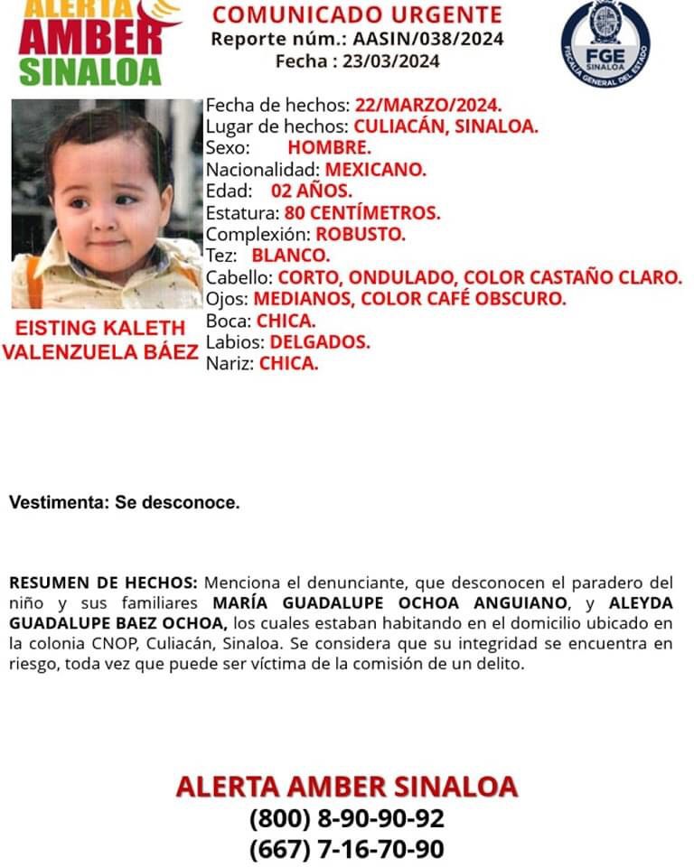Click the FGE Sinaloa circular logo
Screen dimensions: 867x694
tap(605, 43)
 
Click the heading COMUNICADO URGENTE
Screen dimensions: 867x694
tap(357, 14)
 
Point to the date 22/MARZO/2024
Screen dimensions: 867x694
tap(428, 105)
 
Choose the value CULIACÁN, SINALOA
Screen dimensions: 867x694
tap(445, 126)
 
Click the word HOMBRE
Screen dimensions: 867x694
tap(329, 148)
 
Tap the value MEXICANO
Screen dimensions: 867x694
tap(375, 170)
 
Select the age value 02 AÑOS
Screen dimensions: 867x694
tap(312, 191)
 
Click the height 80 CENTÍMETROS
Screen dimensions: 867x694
tap(362, 213)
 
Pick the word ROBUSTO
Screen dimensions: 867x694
tap(361, 235)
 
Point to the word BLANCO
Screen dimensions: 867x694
tap(291, 256)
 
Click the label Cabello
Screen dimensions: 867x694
tap(239, 278)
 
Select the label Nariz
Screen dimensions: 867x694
tap(230, 365)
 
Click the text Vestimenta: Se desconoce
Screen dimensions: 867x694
tap(125, 503)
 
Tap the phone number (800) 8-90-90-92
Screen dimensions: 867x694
tap(347, 819)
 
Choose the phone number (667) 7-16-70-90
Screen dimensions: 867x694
tap(347, 850)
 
